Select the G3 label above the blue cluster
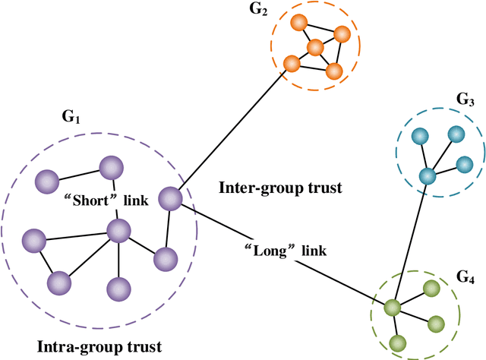(465, 100)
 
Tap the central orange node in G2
(315, 48)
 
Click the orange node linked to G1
(290, 63)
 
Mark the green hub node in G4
(392, 308)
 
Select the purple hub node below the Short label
(118, 230)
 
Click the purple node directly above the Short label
(111, 167)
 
